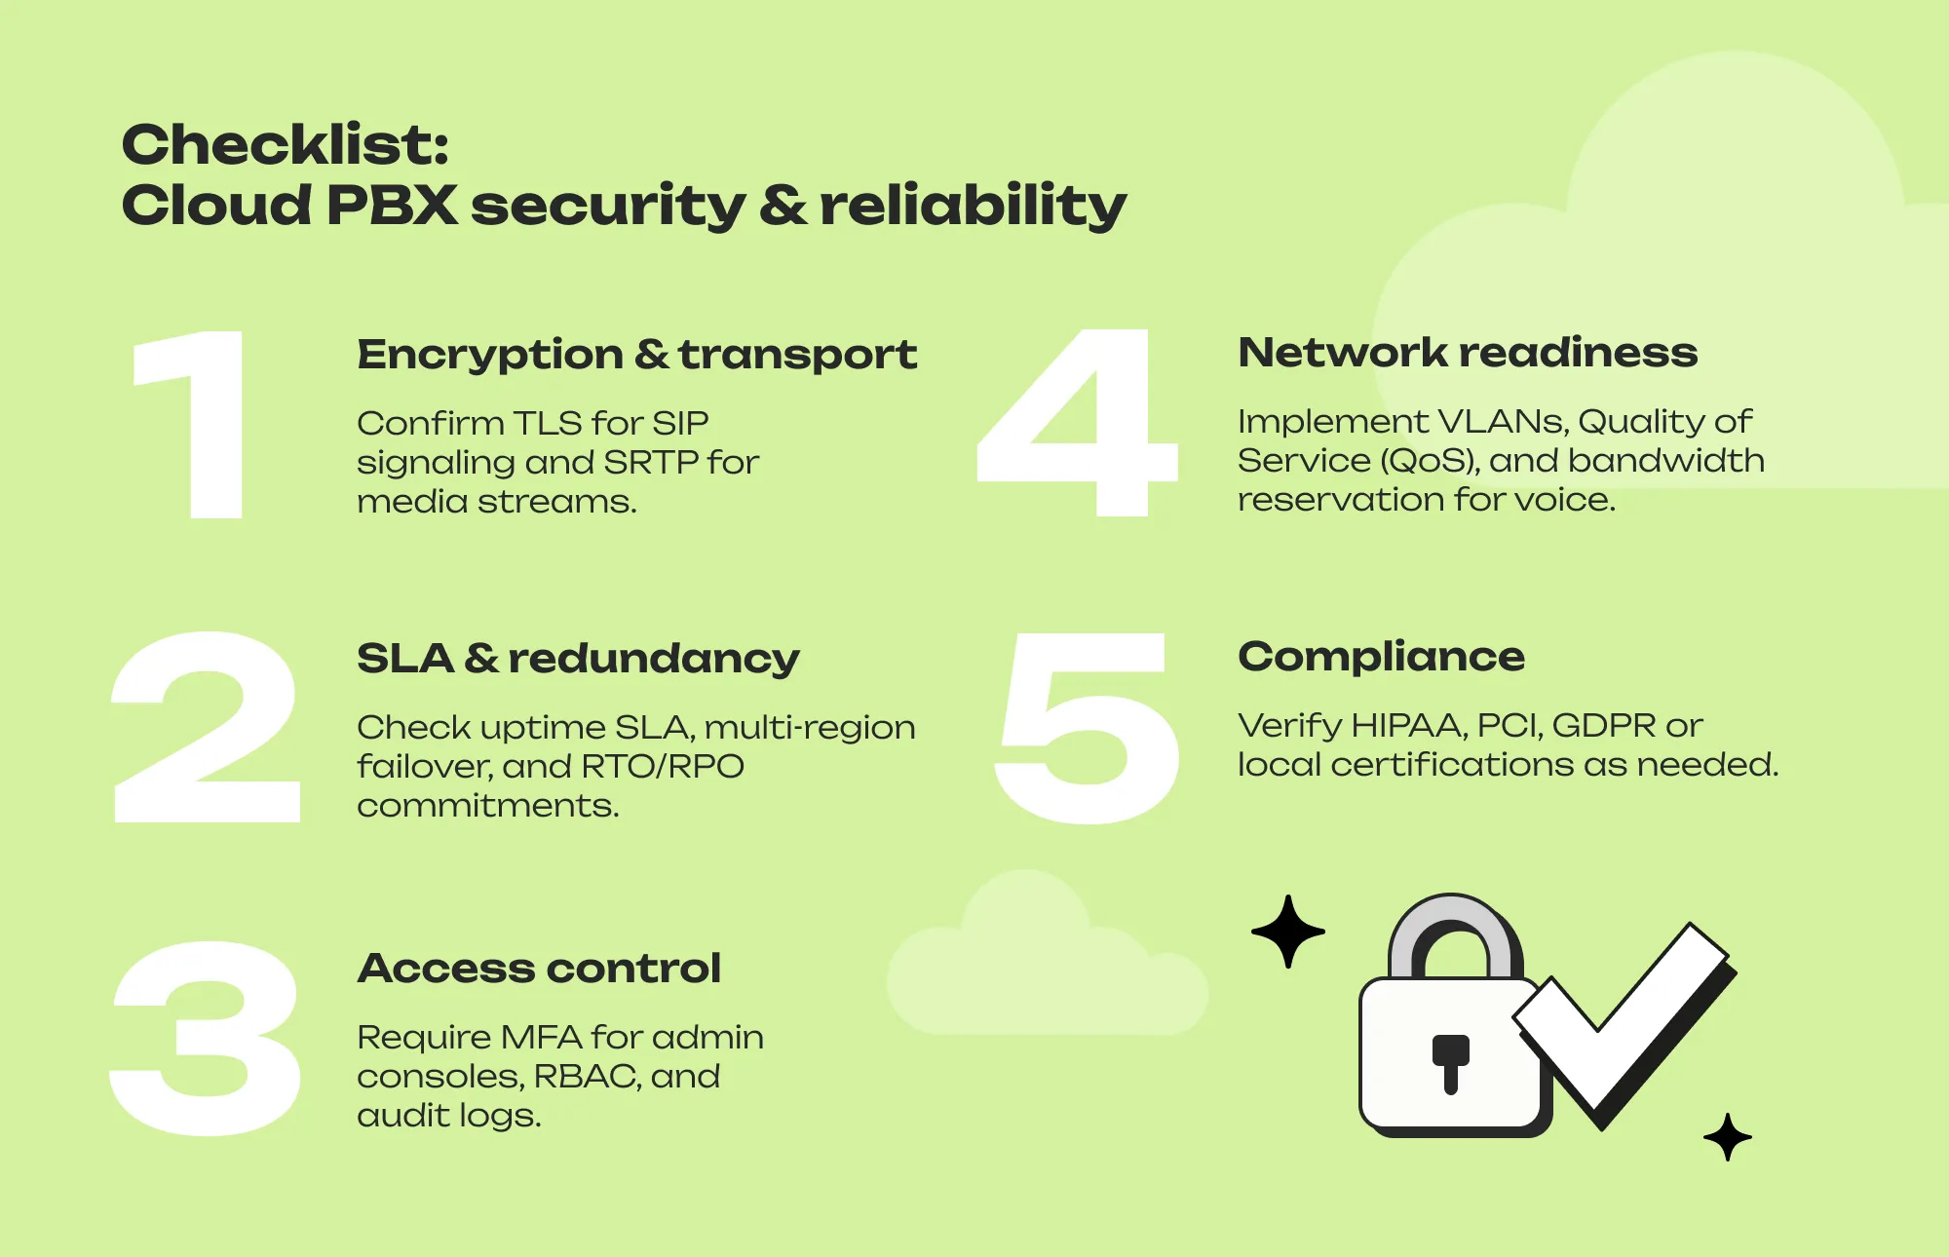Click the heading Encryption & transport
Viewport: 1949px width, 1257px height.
[636, 355]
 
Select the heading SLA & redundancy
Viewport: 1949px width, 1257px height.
[578, 659]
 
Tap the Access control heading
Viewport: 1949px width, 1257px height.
[539, 969]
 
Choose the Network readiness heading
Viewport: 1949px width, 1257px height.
[1468, 353]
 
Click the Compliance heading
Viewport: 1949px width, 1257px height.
[1381, 657]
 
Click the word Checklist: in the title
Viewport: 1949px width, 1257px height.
[285, 145]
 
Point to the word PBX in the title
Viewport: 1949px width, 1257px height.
[392, 206]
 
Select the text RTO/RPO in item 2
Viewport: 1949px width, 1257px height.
[663, 767]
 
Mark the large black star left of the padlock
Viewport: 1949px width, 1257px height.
[1288, 932]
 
